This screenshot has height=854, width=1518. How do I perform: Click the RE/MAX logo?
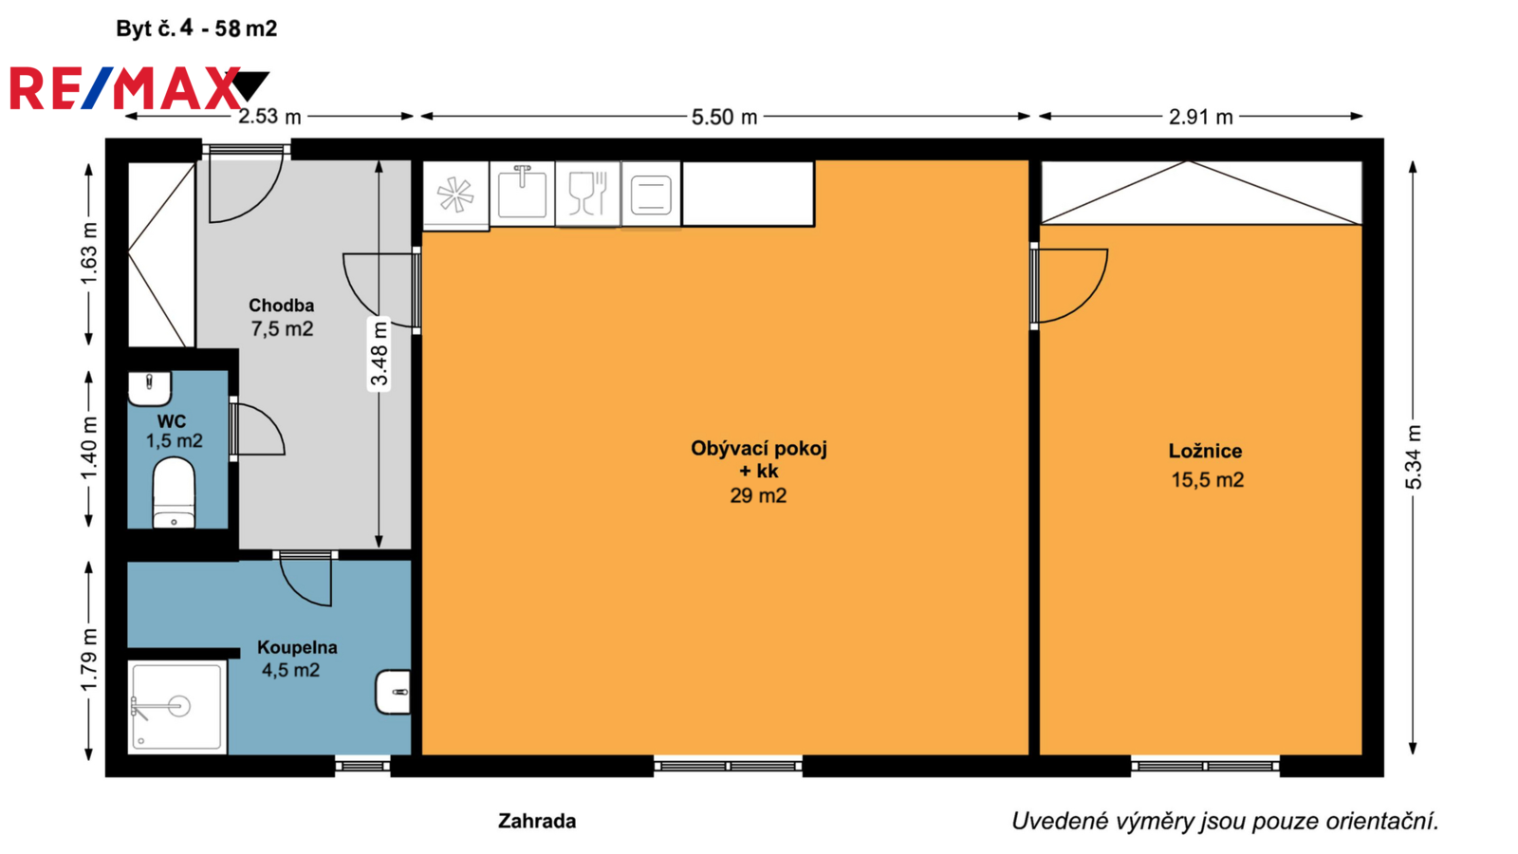pos(139,88)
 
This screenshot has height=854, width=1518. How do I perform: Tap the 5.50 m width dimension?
pos(724,118)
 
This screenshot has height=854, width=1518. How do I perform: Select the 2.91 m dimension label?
pos(1200,118)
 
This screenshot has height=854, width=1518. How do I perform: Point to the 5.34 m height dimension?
pos(1414,456)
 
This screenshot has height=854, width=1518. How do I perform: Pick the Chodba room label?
pos(281,306)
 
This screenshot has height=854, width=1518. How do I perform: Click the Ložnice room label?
pos(1205,452)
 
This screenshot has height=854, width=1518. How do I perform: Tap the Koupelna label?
pos(297,647)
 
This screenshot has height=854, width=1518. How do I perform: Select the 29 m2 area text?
pos(758,495)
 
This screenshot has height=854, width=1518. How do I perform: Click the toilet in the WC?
pos(175,492)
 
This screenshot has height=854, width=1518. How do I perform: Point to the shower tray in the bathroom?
pos(176,707)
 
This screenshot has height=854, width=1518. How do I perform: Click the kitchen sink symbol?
pos(522,194)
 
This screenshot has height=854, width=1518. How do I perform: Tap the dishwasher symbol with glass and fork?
pos(587,194)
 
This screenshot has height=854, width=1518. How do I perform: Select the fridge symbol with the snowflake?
pos(455,195)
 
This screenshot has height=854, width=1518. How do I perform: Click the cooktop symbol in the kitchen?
pos(651,194)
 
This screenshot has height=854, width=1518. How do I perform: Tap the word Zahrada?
pos(537,822)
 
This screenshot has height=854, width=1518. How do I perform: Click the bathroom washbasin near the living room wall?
pos(394,692)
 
